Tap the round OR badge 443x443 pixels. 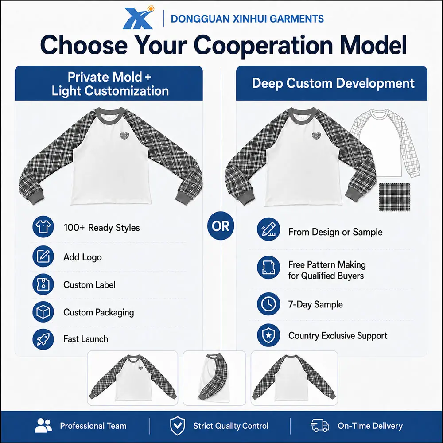click(221, 226)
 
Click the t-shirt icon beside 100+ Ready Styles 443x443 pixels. click(43, 227)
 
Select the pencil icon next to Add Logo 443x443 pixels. click(43, 256)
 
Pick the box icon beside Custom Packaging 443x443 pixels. click(43, 311)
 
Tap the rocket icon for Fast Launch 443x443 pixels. click(43, 339)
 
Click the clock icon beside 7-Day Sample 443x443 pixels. click(268, 304)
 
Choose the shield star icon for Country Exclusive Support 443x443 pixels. click(268, 335)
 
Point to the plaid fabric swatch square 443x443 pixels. click(394, 197)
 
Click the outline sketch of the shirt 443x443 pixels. click(385, 143)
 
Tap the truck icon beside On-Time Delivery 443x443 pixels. click(320, 425)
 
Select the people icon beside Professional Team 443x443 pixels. click(43, 425)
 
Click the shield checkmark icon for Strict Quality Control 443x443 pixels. click(178, 425)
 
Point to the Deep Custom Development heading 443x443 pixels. click(333, 83)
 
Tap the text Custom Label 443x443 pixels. click(89, 284)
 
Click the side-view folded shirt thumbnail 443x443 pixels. click(214, 378)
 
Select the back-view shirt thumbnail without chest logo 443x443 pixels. click(294, 378)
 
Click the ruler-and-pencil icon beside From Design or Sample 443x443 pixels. click(268, 229)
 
